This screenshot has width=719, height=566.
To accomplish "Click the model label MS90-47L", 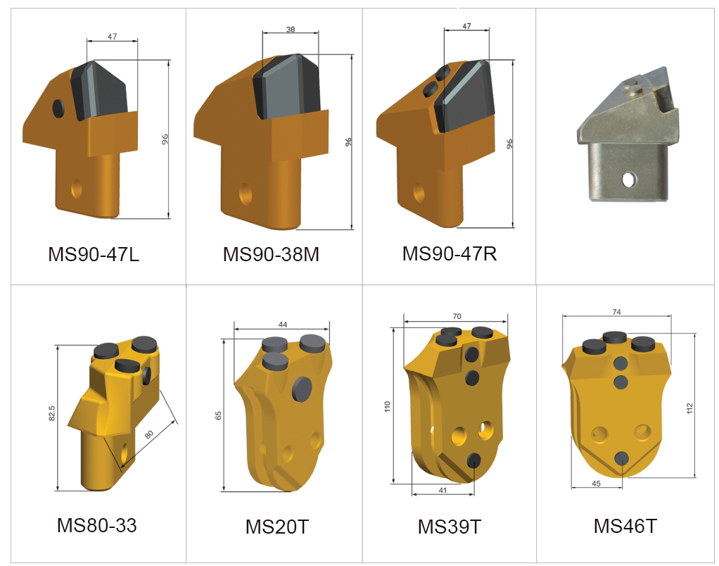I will [x=94, y=254].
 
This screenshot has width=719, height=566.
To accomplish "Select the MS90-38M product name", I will [x=271, y=254].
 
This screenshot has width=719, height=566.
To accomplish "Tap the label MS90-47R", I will [x=449, y=253].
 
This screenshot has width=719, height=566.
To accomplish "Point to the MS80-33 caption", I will [x=96, y=525].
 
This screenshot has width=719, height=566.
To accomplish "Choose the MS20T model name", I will [x=276, y=526].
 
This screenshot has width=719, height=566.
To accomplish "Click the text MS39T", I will [x=449, y=526].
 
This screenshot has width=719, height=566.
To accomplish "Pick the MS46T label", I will [x=625, y=526].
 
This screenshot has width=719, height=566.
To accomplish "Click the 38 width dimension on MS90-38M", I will [x=290, y=30].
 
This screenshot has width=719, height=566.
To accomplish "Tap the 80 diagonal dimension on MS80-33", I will [x=149, y=436].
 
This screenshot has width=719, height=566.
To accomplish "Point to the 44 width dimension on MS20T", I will [x=282, y=325].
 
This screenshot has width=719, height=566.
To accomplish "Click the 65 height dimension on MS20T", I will [x=218, y=415].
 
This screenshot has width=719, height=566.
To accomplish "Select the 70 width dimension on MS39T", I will [x=457, y=317].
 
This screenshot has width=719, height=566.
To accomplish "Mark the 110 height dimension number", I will [x=387, y=407].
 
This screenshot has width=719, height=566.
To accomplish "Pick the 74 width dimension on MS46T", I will [x=616, y=311].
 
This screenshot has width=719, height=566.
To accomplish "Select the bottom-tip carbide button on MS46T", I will [x=621, y=458].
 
